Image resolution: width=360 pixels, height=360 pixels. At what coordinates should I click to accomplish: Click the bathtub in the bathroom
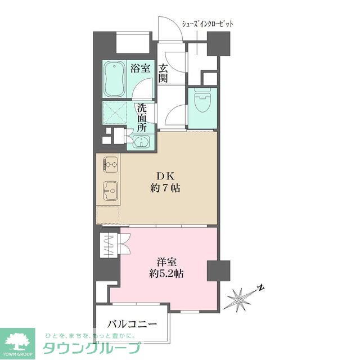click(x=115, y=79)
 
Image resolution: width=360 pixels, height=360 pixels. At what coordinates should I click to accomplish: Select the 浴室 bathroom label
click(x=140, y=68)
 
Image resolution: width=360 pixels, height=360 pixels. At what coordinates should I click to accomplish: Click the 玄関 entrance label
click(x=163, y=73)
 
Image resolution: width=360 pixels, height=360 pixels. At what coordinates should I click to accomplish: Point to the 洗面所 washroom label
click(x=142, y=118)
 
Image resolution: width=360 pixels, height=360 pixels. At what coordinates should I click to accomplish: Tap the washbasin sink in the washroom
click(x=141, y=141)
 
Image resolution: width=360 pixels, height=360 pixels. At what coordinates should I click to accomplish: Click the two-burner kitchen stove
click(x=111, y=164)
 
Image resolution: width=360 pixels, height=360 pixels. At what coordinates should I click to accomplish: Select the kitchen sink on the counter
click(x=110, y=191)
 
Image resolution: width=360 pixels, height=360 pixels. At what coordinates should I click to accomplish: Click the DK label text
click(x=165, y=176)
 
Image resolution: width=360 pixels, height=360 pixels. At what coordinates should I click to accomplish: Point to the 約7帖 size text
click(x=165, y=188)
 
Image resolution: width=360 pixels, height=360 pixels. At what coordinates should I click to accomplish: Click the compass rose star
click(x=239, y=300)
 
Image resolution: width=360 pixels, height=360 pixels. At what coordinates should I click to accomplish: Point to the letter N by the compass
click(x=260, y=288)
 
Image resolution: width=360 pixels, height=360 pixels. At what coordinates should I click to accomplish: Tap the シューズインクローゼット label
click(x=208, y=24)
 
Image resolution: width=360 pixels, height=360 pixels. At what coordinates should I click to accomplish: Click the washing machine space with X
click(x=115, y=113)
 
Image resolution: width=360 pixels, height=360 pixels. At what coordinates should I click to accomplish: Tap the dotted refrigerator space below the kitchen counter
click(x=107, y=215)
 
